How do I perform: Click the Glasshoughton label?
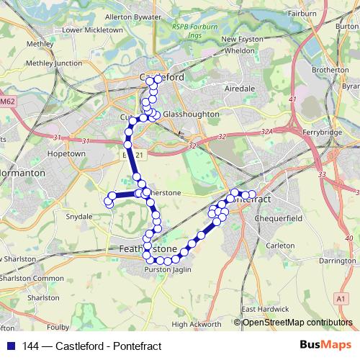click(x=185, y=114)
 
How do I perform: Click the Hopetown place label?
click(x=66, y=153)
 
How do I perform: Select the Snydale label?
click(x=79, y=216)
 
